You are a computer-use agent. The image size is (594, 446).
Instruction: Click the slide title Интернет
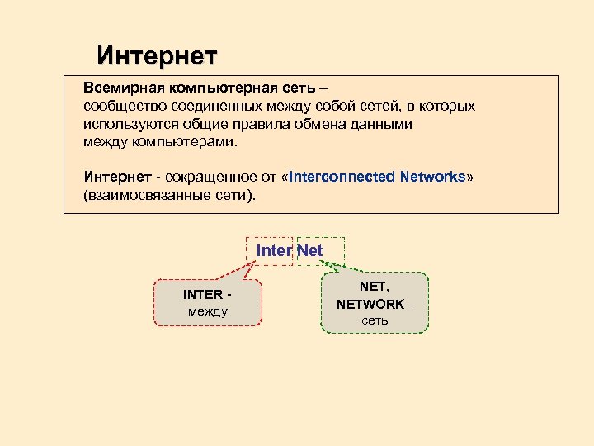[x=157, y=56]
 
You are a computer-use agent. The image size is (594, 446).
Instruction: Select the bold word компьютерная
[x=207, y=88]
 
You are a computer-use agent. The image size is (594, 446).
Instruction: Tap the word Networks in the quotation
[x=432, y=178]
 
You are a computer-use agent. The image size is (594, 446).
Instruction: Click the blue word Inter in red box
[x=273, y=251]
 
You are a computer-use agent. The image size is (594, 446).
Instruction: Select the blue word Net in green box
[x=310, y=251]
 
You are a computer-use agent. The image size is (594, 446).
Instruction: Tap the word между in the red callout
[x=208, y=311]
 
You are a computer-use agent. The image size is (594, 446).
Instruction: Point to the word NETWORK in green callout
[x=370, y=304]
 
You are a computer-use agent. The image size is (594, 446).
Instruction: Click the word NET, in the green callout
[x=375, y=287]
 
